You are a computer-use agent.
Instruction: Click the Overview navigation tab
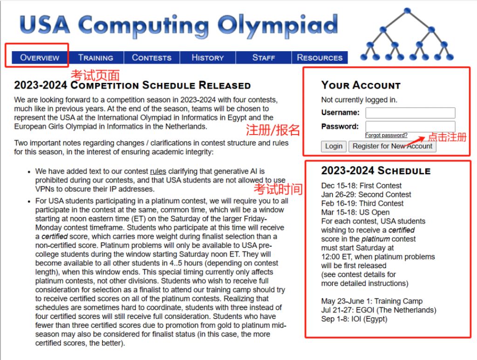click(x=40, y=58)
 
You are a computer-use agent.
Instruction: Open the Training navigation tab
click(x=95, y=58)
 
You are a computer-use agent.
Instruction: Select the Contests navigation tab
click(x=151, y=58)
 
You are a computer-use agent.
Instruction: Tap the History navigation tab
click(x=208, y=58)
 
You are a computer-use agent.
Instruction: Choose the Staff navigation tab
click(x=264, y=58)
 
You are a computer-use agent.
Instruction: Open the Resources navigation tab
click(x=320, y=58)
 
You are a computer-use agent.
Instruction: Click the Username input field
click(x=410, y=113)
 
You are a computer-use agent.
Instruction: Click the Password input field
click(x=410, y=126)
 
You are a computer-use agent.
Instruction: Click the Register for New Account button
click(x=393, y=146)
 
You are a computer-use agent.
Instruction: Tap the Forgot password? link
click(x=386, y=136)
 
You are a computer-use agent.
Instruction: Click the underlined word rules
click(x=158, y=171)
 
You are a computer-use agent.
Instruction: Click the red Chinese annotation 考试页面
click(x=95, y=75)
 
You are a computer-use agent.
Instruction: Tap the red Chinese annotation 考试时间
click(x=278, y=189)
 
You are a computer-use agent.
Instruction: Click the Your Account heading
click(x=361, y=85)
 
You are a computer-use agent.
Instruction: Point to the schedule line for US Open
click(x=355, y=212)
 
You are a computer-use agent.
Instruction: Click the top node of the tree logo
click(x=408, y=10)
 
